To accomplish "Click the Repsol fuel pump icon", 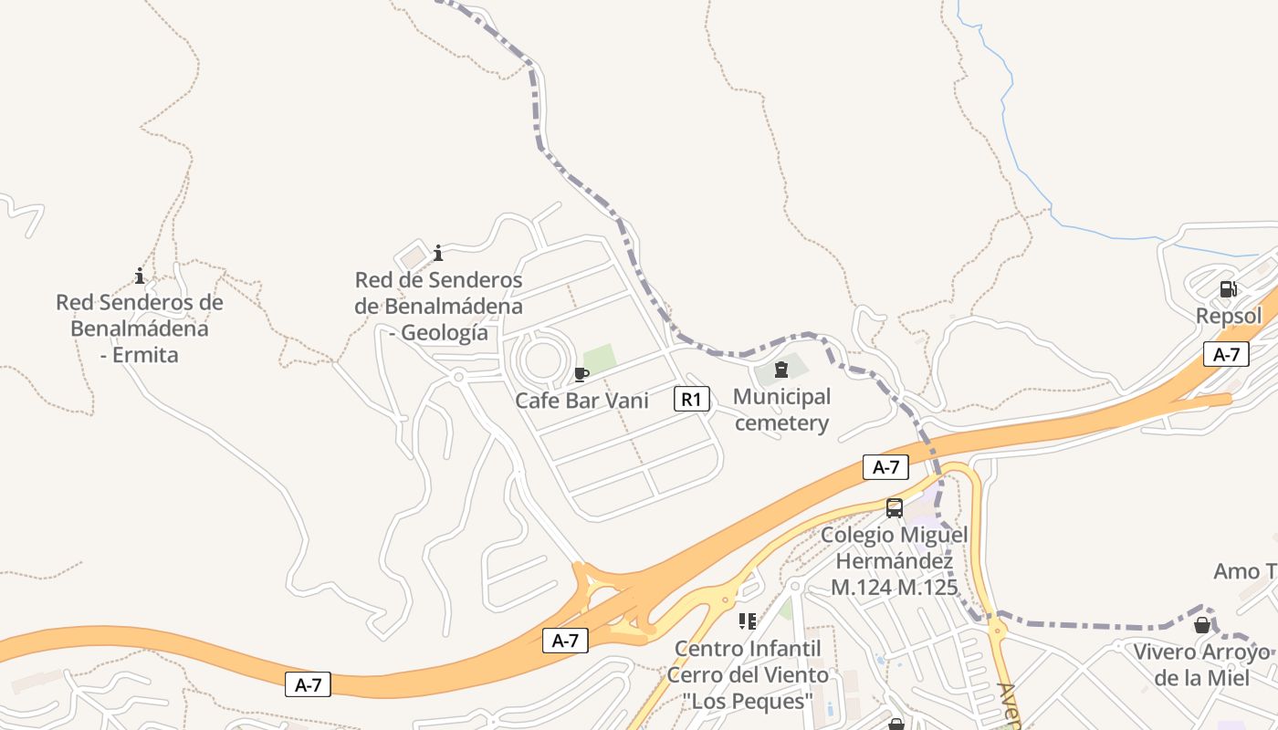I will click(1228, 290).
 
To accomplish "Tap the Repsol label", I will click(1229, 316).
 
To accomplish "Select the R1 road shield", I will click(692, 399).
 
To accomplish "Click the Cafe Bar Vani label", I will click(581, 400).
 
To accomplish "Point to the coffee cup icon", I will click(581, 374).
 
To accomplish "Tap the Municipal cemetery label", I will click(781, 410).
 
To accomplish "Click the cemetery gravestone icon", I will click(780, 370).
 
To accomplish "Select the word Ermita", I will click(145, 354).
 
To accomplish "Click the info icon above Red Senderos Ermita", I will click(140, 276).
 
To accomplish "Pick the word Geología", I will click(445, 333).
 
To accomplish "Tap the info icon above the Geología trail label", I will click(438, 253).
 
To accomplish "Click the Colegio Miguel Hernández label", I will click(894, 560).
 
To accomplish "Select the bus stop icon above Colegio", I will click(895, 508).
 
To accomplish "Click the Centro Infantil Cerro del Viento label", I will click(748, 674).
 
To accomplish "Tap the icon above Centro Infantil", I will click(748, 621).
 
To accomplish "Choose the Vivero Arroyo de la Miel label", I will click(1201, 664).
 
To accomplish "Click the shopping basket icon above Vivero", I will click(1202, 625).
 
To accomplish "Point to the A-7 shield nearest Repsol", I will click(1226, 354).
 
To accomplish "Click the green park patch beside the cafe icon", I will click(599, 359).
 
